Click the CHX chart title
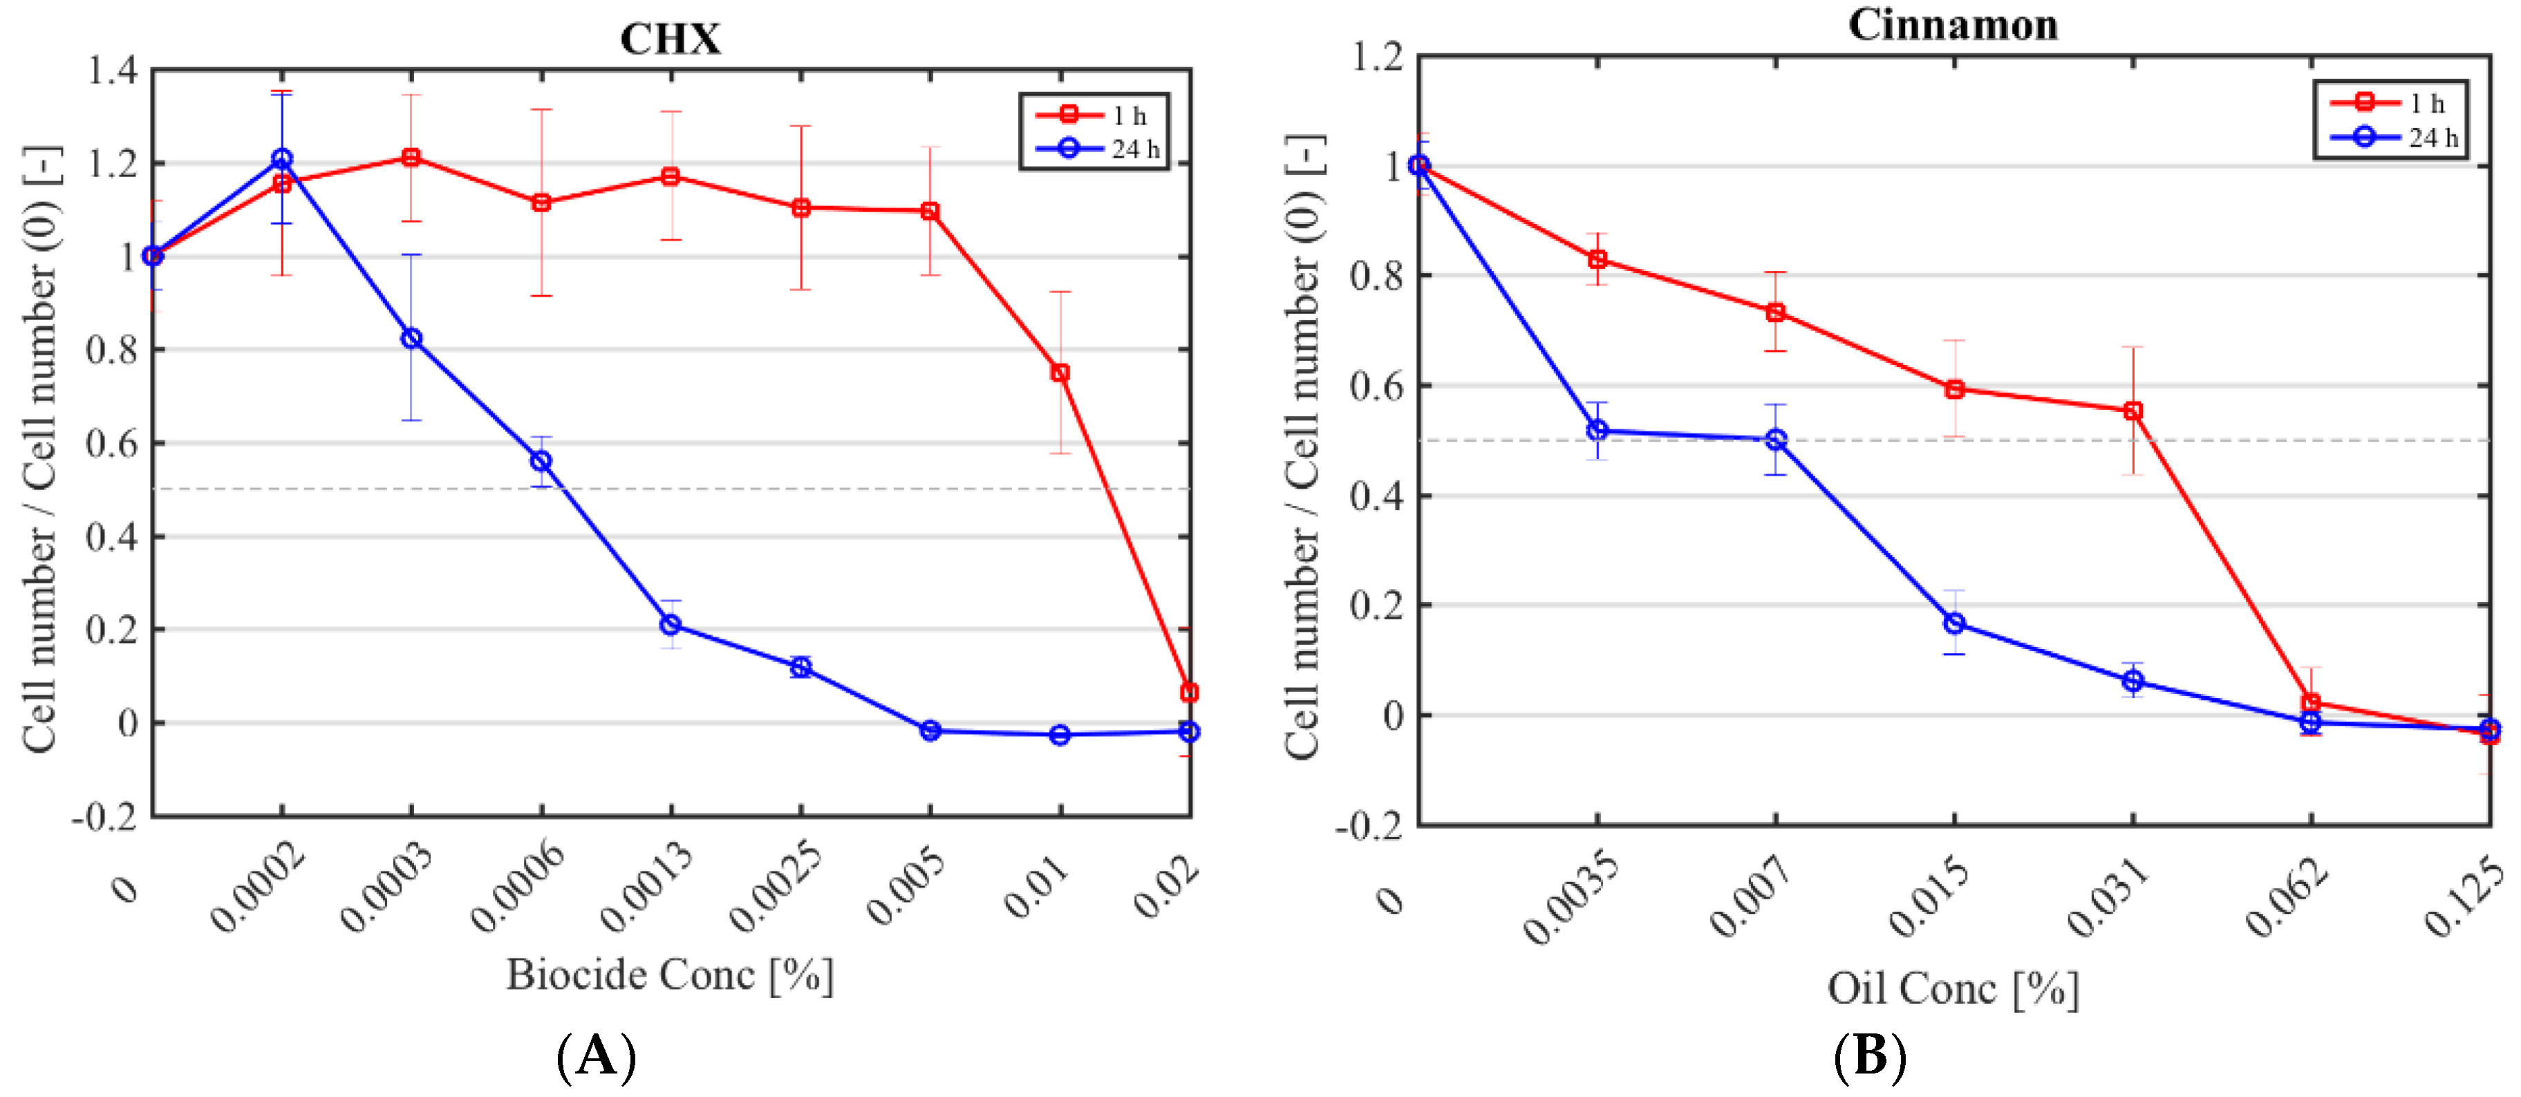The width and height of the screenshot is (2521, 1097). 671,39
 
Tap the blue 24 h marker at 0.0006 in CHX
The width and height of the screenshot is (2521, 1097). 541,461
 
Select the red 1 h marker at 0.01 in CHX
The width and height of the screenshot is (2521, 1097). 1060,373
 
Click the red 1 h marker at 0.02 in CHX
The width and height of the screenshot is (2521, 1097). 1189,693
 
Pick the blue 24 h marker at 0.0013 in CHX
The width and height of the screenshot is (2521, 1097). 671,624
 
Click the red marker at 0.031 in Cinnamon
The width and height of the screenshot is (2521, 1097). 2133,411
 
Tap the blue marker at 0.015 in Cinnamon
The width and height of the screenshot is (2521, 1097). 1954,623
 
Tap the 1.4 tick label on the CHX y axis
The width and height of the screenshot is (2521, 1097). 113,71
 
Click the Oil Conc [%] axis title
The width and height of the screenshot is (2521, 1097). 1952,988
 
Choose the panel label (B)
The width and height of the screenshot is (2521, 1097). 1869,1057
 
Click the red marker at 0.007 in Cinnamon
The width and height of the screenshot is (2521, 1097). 1775,313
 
